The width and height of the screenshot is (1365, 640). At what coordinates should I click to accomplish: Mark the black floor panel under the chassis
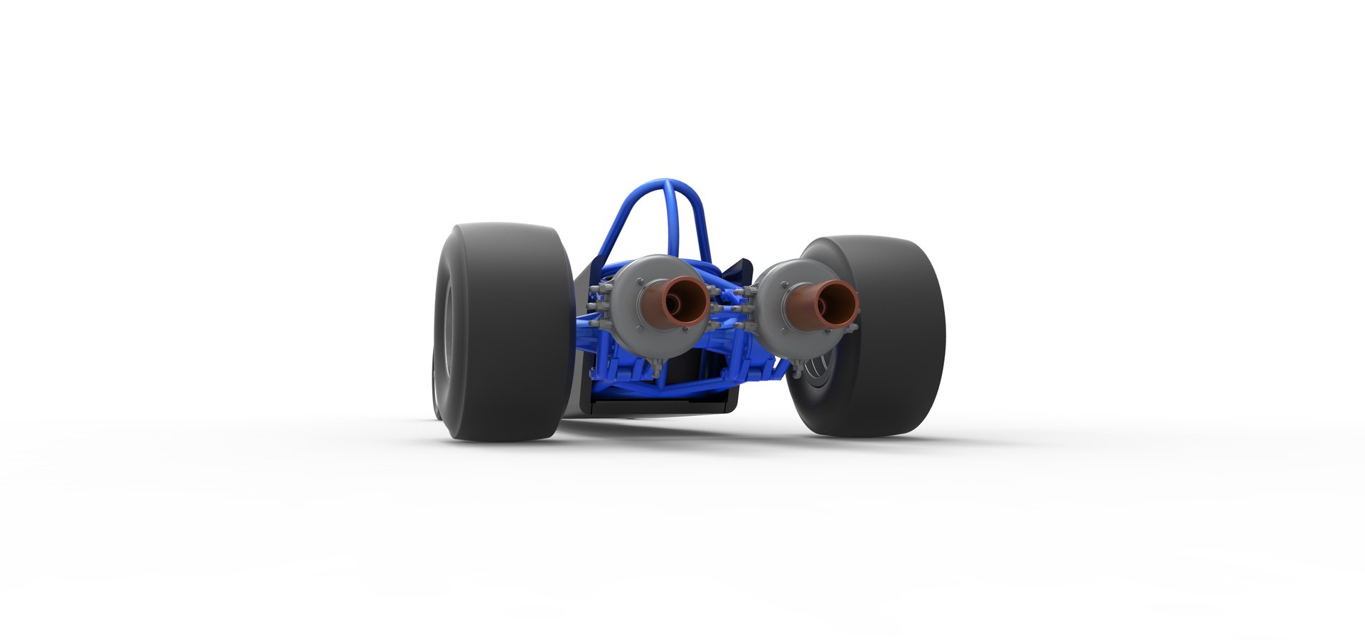pyautogui.click(x=661, y=405)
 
